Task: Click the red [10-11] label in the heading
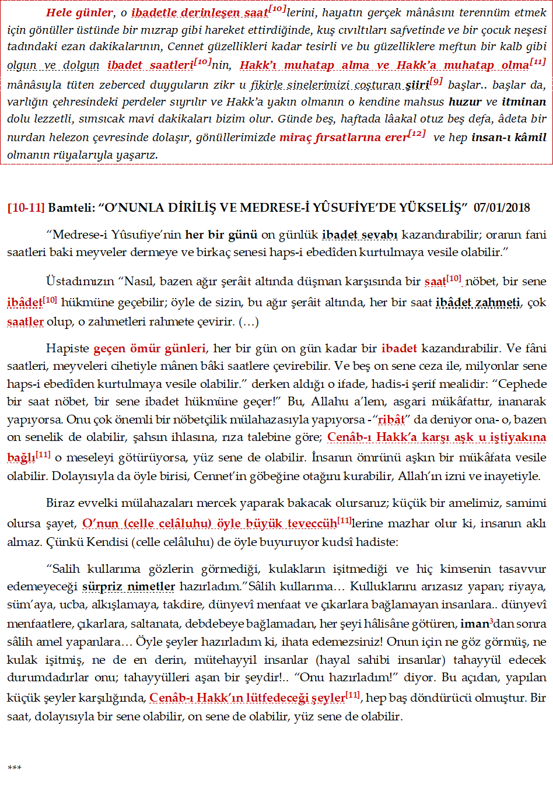pyautogui.click(x=26, y=208)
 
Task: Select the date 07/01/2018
pyautogui.click(x=502, y=208)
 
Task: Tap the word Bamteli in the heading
pyautogui.click(x=68, y=208)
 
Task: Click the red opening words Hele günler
pyautogui.click(x=79, y=13)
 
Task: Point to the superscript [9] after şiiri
pyautogui.click(x=436, y=82)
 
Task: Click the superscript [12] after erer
pyautogui.click(x=417, y=134)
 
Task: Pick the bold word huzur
pyautogui.click(x=465, y=102)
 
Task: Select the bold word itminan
pyautogui.click(x=524, y=102)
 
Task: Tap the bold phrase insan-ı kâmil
pyautogui.click(x=509, y=138)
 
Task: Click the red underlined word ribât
pyautogui.click(x=391, y=420)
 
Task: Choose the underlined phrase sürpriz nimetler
pyautogui.click(x=128, y=587)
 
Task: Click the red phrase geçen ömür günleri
pyautogui.click(x=149, y=349)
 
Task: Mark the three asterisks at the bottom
pyautogui.click(x=14, y=768)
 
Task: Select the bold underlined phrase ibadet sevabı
pyautogui.click(x=359, y=235)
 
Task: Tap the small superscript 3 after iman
pyautogui.click(x=491, y=621)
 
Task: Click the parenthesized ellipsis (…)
pyautogui.click(x=248, y=321)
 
